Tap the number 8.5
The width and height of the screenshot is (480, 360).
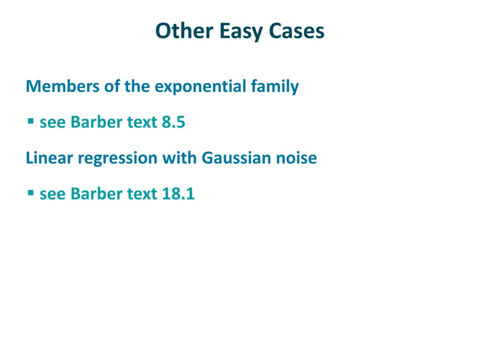(173, 122)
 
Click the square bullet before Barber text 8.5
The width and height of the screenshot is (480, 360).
(30, 121)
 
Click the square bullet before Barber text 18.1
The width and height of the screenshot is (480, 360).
(30, 193)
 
